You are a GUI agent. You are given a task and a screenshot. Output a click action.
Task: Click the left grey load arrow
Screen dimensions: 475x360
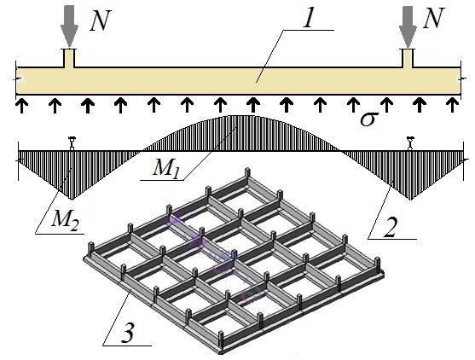[69, 26]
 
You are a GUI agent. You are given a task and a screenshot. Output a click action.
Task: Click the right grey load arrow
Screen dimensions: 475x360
[408, 26]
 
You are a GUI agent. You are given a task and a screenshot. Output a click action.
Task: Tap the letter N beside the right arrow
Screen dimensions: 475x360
[434, 18]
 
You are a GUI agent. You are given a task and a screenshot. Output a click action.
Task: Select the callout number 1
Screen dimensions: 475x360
[308, 19]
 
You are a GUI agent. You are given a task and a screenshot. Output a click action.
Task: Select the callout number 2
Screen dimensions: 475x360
[390, 227]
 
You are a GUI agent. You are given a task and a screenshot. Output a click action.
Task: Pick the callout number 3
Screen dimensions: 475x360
[127, 333]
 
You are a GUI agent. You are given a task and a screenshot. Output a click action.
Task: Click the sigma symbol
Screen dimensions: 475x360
[369, 119]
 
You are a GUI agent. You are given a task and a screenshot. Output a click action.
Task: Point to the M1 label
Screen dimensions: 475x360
[166, 167]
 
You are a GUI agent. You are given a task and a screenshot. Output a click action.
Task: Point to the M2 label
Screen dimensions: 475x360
[65, 219]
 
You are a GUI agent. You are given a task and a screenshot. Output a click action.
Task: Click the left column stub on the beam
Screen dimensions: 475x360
[69, 58]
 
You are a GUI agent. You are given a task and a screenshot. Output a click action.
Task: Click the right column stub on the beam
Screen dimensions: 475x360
[408, 58]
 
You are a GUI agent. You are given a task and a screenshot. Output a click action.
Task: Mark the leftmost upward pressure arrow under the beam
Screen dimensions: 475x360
[21, 105]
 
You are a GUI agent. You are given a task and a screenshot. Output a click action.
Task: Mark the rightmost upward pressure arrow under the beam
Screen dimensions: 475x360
[453, 105]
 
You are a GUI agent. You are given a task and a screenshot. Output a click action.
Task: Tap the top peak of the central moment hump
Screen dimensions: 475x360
[240, 115]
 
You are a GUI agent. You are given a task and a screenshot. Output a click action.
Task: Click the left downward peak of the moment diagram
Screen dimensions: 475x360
[72, 200]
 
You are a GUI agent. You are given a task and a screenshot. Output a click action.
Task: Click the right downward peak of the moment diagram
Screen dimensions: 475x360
[410, 200]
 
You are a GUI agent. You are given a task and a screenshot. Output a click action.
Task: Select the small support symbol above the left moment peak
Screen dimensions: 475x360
[72, 143]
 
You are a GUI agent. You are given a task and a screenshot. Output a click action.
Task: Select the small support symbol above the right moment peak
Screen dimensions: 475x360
[410, 143]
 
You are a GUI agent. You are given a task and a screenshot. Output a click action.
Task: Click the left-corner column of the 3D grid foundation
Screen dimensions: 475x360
[90, 250]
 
